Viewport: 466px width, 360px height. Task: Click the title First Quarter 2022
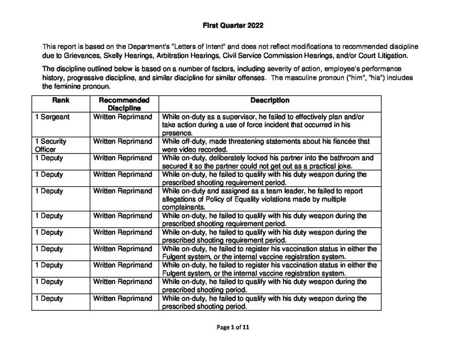pos(233,26)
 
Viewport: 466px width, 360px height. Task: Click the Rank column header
pos(61,100)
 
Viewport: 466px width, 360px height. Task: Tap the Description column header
pos(269,100)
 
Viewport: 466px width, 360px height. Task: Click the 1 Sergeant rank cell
pos(52,117)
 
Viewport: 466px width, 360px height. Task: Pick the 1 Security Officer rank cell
pos(51,145)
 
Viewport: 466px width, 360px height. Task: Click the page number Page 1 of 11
pos(233,327)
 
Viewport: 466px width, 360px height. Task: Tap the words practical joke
pos(318,166)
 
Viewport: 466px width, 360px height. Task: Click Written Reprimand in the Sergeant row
pos(123,117)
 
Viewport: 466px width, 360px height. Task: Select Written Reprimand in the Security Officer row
pos(123,142)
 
